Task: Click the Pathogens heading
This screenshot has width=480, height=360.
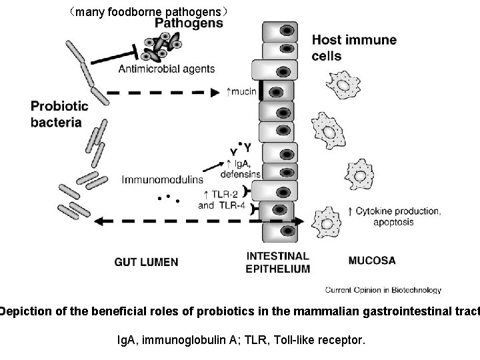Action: [189, 23]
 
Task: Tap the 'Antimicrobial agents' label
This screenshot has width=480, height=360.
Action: [163, 68]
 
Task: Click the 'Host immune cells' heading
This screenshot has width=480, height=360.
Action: [354, 47]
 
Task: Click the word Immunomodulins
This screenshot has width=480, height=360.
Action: [163, 179]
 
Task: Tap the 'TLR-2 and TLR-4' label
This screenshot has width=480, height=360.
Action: [222, 200]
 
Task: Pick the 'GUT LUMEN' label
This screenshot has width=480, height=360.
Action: [146, 261]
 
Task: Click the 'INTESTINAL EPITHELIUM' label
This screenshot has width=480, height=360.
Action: [278, 262]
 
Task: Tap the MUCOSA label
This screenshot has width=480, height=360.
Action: [371, 260]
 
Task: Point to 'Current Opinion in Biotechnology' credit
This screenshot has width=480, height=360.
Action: [383, 290]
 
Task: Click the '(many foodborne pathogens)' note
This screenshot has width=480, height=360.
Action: [151, 11]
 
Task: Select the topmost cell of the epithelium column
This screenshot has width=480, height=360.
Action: [279, 31]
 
